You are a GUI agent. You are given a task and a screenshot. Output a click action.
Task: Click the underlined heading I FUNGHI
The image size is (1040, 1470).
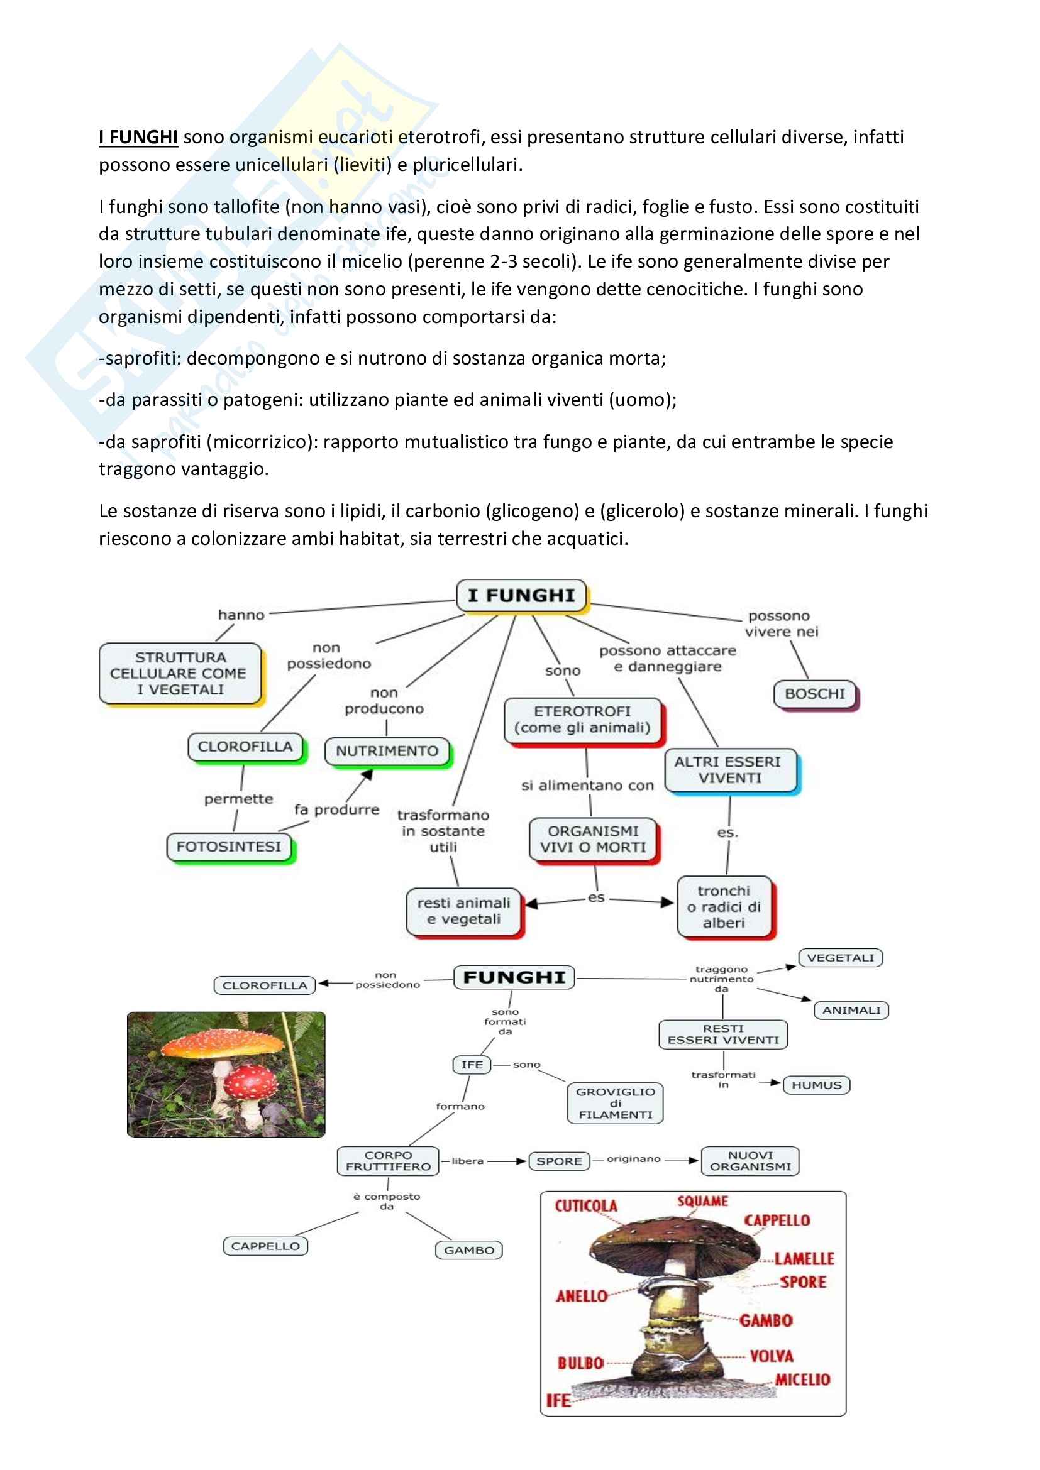[138, 137]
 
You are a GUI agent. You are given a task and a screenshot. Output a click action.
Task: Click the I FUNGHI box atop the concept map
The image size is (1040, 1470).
[521, 595]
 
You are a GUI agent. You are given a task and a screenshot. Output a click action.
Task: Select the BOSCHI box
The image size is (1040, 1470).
[814, 694]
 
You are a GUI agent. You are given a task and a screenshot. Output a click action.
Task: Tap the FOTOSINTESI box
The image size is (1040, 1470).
[229, 847]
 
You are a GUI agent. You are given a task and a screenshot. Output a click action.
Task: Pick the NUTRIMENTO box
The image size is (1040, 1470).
[387, 750]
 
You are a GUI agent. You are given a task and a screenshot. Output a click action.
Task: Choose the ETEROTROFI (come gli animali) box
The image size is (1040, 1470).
[582, 720]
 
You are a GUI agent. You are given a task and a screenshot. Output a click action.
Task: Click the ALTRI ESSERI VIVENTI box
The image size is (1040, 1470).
[730, 770]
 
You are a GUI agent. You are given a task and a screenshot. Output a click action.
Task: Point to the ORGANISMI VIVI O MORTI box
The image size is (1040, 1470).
[593, 839]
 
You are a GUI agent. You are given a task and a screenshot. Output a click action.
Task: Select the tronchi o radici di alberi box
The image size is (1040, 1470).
[724, 907]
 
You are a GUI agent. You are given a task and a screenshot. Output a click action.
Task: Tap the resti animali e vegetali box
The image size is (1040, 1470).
[463, 911]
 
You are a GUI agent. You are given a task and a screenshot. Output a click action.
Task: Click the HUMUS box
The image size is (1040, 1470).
[817, 1085]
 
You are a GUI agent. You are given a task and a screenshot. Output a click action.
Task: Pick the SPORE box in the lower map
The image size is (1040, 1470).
[558, 1161]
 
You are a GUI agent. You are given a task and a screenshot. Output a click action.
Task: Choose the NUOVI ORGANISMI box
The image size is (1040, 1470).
[750, 1161]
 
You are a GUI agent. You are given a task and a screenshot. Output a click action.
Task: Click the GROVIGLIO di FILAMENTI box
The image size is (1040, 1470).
[615, 1103]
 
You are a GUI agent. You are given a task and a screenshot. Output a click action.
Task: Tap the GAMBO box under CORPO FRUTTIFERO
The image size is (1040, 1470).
[469, 1250]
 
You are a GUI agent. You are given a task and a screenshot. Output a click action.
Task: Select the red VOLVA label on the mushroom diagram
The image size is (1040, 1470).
[771, 1356]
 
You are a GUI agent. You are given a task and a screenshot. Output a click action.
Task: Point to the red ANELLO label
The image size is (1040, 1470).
[582, 1297]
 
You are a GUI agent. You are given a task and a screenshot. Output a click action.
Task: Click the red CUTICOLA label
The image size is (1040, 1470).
[586, 1206]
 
